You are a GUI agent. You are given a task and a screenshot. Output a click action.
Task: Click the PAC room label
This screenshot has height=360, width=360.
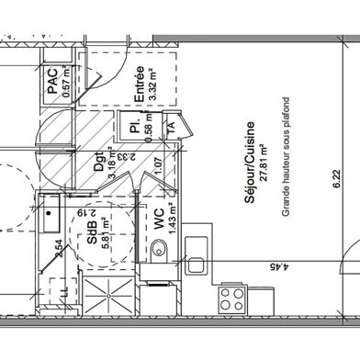tap(52, 80)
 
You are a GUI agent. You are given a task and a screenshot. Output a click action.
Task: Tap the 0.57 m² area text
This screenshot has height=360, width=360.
tap(66, 81)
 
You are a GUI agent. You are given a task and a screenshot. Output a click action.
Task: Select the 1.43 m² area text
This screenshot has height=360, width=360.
tap(173, 219)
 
